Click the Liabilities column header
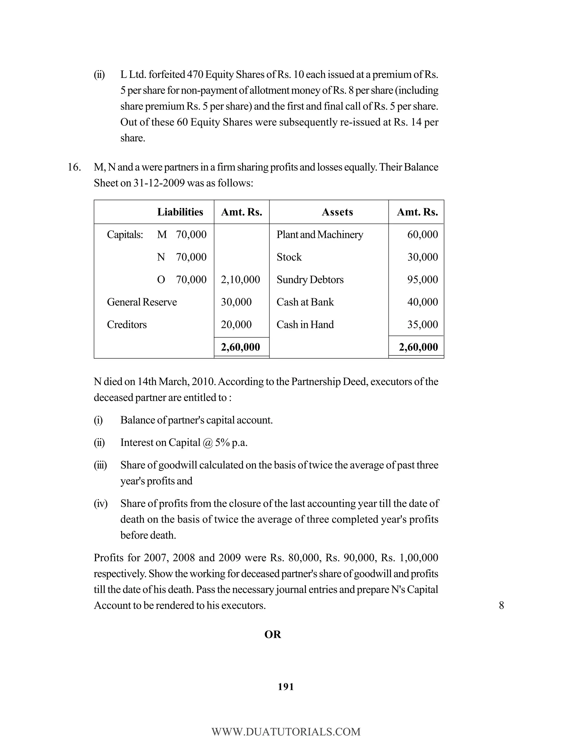pyautogui.click(x=180, y=212)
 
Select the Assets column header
pyautogui.click(x=337, y=212)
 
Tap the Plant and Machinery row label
pyautogui.click(x=320, y=235)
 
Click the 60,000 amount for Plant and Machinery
pyautogui.click(x=422, y=235)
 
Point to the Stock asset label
pyautogui.click(x=289, y=257)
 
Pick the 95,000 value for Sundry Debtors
pyautogui.click(x=422, y=280)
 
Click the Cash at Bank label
pyautogui.click(x=305, y=302)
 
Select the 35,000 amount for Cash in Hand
pyautogui.click(x=422, y=324)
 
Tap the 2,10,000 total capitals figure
pyautogui.click(x=240, y=280)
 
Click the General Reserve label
pyautogui.click(x=142, y=302)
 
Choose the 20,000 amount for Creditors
pyautogui.click(x=236, y=324)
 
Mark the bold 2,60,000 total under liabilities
pyautogui.click(x=240, y=347)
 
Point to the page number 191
pyautogui.click(x=286, y=687)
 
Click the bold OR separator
pyautogui.click(x=272, y=635)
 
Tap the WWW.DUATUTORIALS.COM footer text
pyautogui.click(x=286, y=732)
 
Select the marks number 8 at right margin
pyautogui.click(x=501, y=605)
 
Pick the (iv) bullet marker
pyautogui.click(x=100, y=503)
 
